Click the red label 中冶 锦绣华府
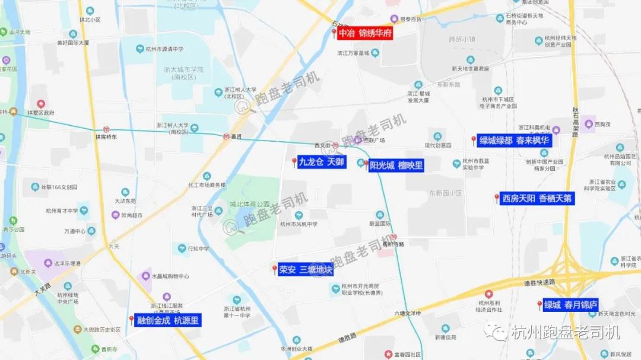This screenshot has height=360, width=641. click(x=365, y=34)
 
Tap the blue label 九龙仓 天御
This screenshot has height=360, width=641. click(x=320, y=161)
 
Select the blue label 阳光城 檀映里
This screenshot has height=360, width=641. click(x=396, y=165)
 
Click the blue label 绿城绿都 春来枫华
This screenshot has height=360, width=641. click(x=515, y=141)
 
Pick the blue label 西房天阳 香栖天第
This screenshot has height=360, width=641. click(x=537, y=199)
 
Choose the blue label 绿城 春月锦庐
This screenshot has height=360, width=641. click(x=570, y=305)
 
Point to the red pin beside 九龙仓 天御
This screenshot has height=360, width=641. click(x=294, y=162)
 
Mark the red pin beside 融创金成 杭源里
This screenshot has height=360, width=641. click(x=131, y=320)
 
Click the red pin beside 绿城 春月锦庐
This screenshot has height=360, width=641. click(x=540, y=305)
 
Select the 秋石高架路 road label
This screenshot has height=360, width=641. click(x=575, y=122)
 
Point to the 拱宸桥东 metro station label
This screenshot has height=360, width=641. click(x=106, y=137)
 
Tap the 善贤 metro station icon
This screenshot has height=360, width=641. click(x=226, y=136)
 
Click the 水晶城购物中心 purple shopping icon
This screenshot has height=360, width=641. click(x=146, y=276)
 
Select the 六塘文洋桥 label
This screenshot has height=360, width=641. click(x=407, y=313)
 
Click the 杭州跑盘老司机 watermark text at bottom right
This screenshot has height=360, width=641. click(x=565, y=332)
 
